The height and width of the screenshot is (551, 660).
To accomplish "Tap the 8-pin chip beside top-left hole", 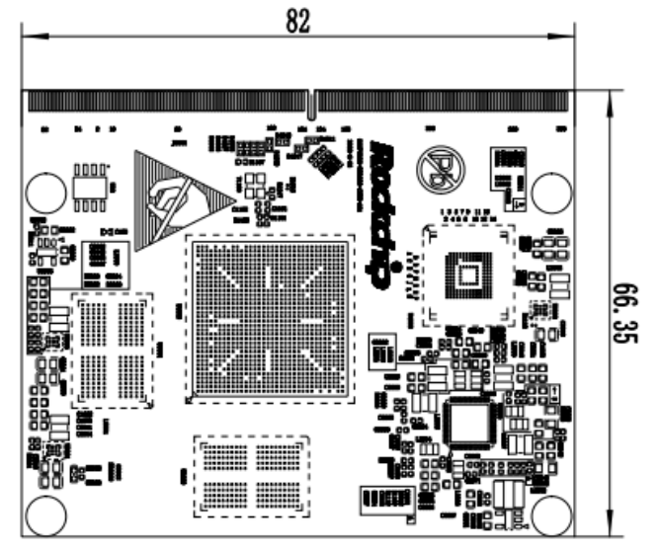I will click(x=91, y=185).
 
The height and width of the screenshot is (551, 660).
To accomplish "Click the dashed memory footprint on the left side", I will click(x=112, y=350).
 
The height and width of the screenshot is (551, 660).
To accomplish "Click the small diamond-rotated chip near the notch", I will click(x=322, y=157).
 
